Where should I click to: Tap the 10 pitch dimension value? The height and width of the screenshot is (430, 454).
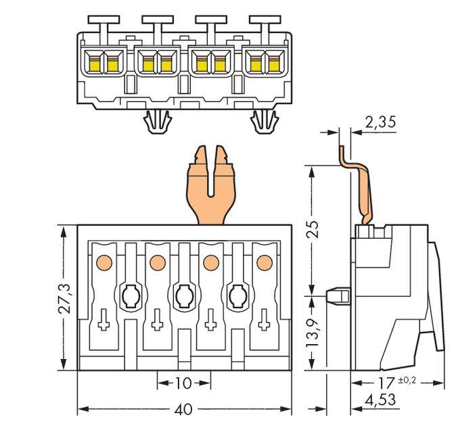coord(183,383)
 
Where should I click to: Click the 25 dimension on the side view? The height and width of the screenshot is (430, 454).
coord(311,229)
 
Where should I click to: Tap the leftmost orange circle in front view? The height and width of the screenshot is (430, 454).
coord(104,261)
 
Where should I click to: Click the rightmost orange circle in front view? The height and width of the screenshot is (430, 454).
coord(263,261)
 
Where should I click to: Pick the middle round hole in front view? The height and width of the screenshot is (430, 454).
coord(183,295)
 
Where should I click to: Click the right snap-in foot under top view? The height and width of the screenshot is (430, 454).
coord(263,122)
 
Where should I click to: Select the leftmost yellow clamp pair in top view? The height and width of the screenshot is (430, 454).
coord(103,63)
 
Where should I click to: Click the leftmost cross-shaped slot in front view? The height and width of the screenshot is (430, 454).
coord(104,323)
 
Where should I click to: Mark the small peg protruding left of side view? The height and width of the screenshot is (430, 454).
coord(336,295)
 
